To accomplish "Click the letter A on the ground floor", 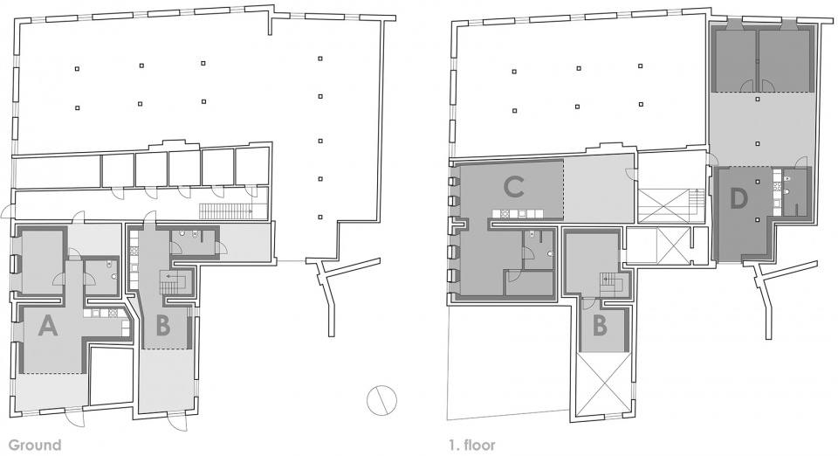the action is click(x=47, y=325).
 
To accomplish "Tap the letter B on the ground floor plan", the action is click(x=162, y=326).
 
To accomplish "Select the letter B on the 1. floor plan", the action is click(x=601, y=326).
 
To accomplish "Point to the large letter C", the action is click(x=513, y=187).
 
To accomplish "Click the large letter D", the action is click(x=738, y=198).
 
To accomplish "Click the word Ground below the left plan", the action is click(x=35, y=445).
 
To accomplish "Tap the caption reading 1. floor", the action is click(x=472, y=445).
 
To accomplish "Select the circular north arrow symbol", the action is click(x=381, y=400).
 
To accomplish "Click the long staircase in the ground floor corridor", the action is click(x=225, y=211).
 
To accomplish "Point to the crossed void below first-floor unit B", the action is click(x=601, y=385).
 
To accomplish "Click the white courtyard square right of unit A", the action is click(x=111, y=376).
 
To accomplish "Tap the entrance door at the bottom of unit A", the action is click(x=73, y=417).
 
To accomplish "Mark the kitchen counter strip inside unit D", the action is click(x=774, y=191).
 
